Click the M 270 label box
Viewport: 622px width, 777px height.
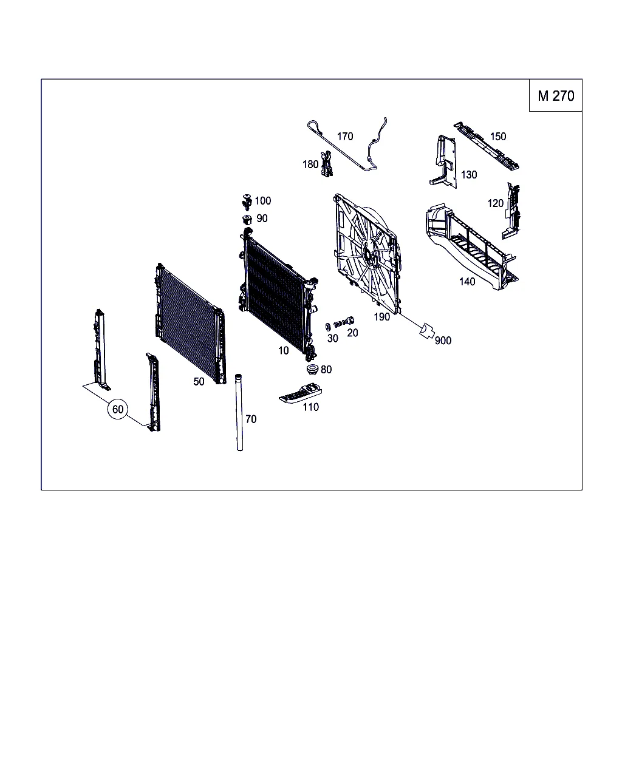(555, 95)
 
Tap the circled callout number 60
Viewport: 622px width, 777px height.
(118, 409)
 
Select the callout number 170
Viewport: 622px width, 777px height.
(345, 137)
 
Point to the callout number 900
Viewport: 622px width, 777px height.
(443, 341)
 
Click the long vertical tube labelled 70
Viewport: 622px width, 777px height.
(239, 412)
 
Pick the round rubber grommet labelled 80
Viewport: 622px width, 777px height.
(312, 370)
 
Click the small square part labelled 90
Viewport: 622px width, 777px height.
(247, 220)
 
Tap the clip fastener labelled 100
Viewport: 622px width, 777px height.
(247, 202)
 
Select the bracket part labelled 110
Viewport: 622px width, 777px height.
(301, 393)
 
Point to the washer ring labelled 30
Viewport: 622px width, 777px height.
(328, 327)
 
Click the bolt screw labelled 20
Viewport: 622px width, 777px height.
(344, 322)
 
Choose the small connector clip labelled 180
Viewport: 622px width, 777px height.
(327, 165)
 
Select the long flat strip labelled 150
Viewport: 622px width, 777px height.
(487, 146)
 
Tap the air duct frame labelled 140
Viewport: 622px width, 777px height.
(471, 246)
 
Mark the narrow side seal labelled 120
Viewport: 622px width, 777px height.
(511, 211)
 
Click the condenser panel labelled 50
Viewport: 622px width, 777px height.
(191, 324)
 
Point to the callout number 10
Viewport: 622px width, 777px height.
(283, 350)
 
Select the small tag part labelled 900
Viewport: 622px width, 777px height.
(426, 331)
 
